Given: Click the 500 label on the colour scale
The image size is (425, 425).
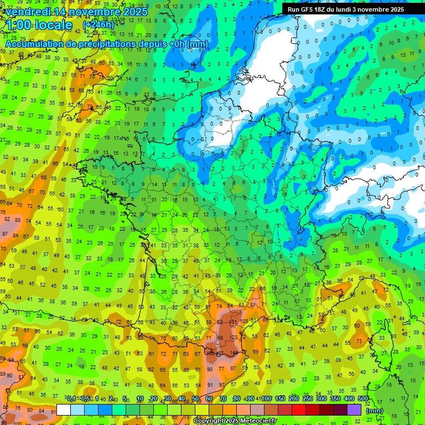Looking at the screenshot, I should click(363, 398).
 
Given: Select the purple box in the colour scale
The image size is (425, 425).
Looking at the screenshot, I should click(354, 410).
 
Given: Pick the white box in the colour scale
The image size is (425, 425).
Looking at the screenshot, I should click(64, 410).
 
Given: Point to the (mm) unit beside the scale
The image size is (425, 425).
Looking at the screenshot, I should click(375, 411).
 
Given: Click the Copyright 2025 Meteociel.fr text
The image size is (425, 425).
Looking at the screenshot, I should click(235, 421).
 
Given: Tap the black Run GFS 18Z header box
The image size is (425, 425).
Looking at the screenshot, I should click(346, 9).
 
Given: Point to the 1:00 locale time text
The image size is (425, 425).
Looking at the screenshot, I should click(39, 25).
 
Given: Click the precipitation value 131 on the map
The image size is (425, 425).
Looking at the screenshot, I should click(233, 321).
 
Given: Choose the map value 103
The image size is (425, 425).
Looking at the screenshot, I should click(245, 321).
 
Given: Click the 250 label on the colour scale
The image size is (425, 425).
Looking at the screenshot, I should click(308, 398).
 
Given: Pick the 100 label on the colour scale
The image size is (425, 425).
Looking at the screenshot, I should click(267, 398).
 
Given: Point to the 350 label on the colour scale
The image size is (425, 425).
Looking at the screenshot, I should click(335, 398).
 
